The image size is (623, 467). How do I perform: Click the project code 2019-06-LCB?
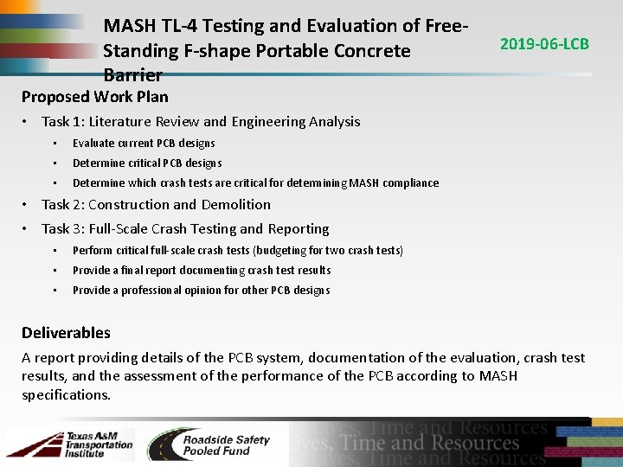(544, 43)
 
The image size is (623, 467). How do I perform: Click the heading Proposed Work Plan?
(95, 96)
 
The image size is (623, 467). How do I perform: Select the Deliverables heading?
(66, 333)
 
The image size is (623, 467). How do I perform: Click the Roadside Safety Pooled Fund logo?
(209, 445)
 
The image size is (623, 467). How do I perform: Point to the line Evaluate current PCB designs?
(144, 144)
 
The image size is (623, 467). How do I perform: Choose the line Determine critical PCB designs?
(147, 163)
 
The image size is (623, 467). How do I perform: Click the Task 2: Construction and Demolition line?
(156, 205)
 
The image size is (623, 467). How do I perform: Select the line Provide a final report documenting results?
(202, 271)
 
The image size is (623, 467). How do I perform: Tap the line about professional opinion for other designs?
(201, 291)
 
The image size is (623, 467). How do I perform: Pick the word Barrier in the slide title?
(132, 74)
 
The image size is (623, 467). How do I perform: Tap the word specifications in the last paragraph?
(67, 395)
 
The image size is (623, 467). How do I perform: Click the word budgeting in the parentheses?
(282, 251)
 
